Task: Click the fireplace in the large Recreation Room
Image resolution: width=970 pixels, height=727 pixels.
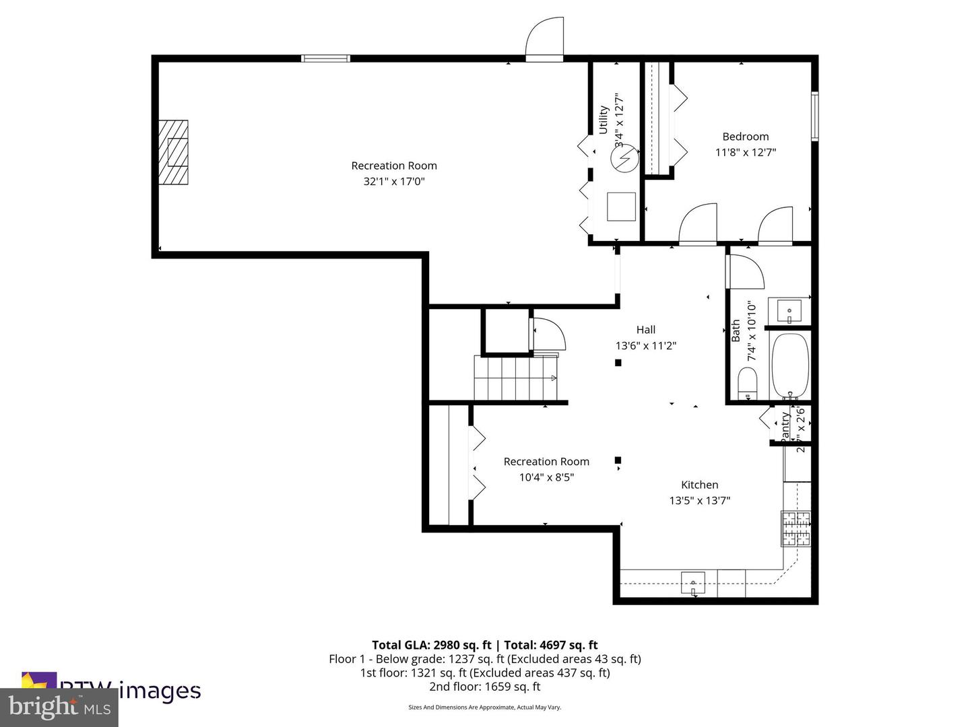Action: [173, 152]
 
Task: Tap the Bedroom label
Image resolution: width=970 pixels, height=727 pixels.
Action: [745, 137]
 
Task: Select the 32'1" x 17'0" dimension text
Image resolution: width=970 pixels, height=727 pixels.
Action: [394, 181]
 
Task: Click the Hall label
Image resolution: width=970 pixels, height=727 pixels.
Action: [645, 330]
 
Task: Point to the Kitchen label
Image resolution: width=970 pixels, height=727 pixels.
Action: [699, 485]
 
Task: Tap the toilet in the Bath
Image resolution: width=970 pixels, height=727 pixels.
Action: [748, 386]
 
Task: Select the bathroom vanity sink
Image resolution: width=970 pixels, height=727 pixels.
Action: [789, 312]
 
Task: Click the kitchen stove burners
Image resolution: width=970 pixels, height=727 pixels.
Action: [796, 528]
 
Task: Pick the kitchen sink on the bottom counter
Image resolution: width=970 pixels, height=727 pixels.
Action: [692, 582]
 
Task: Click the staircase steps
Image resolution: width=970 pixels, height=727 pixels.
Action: [515, 378]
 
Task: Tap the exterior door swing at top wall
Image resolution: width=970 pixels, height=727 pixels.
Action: [544, 40]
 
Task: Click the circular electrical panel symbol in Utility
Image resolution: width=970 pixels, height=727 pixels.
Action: [623, 159]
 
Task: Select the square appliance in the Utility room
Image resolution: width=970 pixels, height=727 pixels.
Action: [621, 207]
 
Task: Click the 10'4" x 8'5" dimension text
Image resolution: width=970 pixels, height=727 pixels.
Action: [546, 477]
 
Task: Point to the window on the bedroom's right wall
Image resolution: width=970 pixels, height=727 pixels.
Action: [814, 116]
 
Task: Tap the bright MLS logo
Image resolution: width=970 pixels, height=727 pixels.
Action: [59, 707]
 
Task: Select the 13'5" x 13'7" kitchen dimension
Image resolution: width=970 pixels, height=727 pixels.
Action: [699, 500]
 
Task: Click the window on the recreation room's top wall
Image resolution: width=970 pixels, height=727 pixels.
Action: [325, 59]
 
